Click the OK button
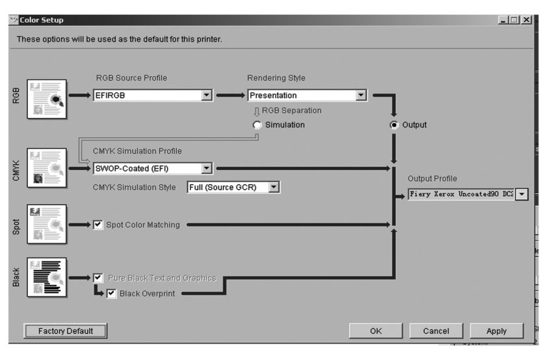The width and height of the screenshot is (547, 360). (x=376, y=331)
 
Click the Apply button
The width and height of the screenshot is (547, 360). (x=496, y=331)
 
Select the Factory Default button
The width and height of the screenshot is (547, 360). (x=66, y=331)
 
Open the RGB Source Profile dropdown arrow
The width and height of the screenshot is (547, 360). (x=206, y=95)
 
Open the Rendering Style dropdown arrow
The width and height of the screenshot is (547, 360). (x=361, y=95)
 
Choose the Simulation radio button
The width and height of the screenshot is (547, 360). (x=257, y=125)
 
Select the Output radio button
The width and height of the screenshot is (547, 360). (x=394, y=125)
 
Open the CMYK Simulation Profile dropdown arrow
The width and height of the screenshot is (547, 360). (x=206, y=168)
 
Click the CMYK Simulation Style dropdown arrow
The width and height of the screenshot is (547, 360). (x=274, y=187)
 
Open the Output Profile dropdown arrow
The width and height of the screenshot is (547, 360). (x=522, y=194)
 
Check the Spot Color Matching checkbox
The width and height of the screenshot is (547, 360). (x=98, y=224)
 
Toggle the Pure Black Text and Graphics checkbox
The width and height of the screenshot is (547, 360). (x=98, y=278)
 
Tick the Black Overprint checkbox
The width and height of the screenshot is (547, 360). (x=112, y=293)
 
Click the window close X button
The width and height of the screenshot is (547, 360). (x=526, y=20)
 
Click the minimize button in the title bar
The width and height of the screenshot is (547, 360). (x=503, y=20)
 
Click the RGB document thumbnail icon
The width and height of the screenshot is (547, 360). (x=47, y=99)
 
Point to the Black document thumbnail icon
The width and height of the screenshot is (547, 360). (x=47, y=278)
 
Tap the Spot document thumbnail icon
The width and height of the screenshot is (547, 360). (x=47, y=224)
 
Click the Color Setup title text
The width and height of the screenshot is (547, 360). (x=42, y=20)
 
